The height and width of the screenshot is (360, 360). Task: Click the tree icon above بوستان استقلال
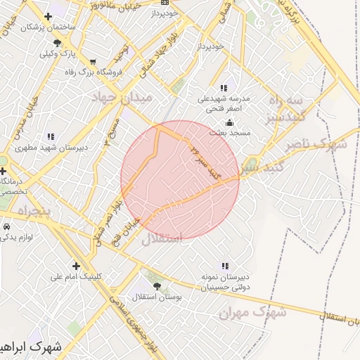click(x=157, y=287)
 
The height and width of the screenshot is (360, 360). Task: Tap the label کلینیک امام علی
click(x=76, y=276)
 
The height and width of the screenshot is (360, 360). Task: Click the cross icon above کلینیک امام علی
click(x=76, y=266)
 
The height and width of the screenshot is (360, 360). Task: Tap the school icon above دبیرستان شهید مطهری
click(x=50, y=136)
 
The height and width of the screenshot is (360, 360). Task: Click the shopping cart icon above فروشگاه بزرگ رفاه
click(x=94, y=61)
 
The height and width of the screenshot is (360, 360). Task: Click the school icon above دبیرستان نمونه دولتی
click(x=224, y=266)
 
